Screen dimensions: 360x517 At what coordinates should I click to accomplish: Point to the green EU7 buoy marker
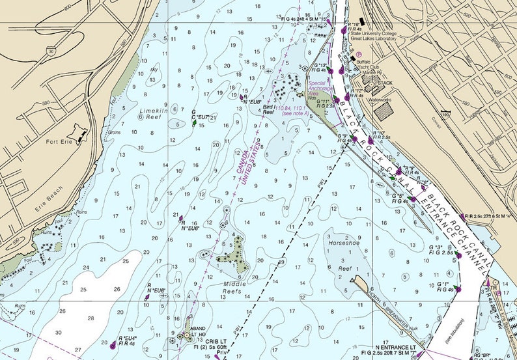[194, 121]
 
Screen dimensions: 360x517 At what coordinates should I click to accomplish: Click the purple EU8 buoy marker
[242, 98]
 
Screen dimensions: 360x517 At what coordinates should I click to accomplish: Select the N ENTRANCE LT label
[397, 348]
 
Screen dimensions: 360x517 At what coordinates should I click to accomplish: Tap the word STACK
[385, 83]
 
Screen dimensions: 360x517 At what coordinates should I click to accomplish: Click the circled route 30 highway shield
[51, 49]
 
